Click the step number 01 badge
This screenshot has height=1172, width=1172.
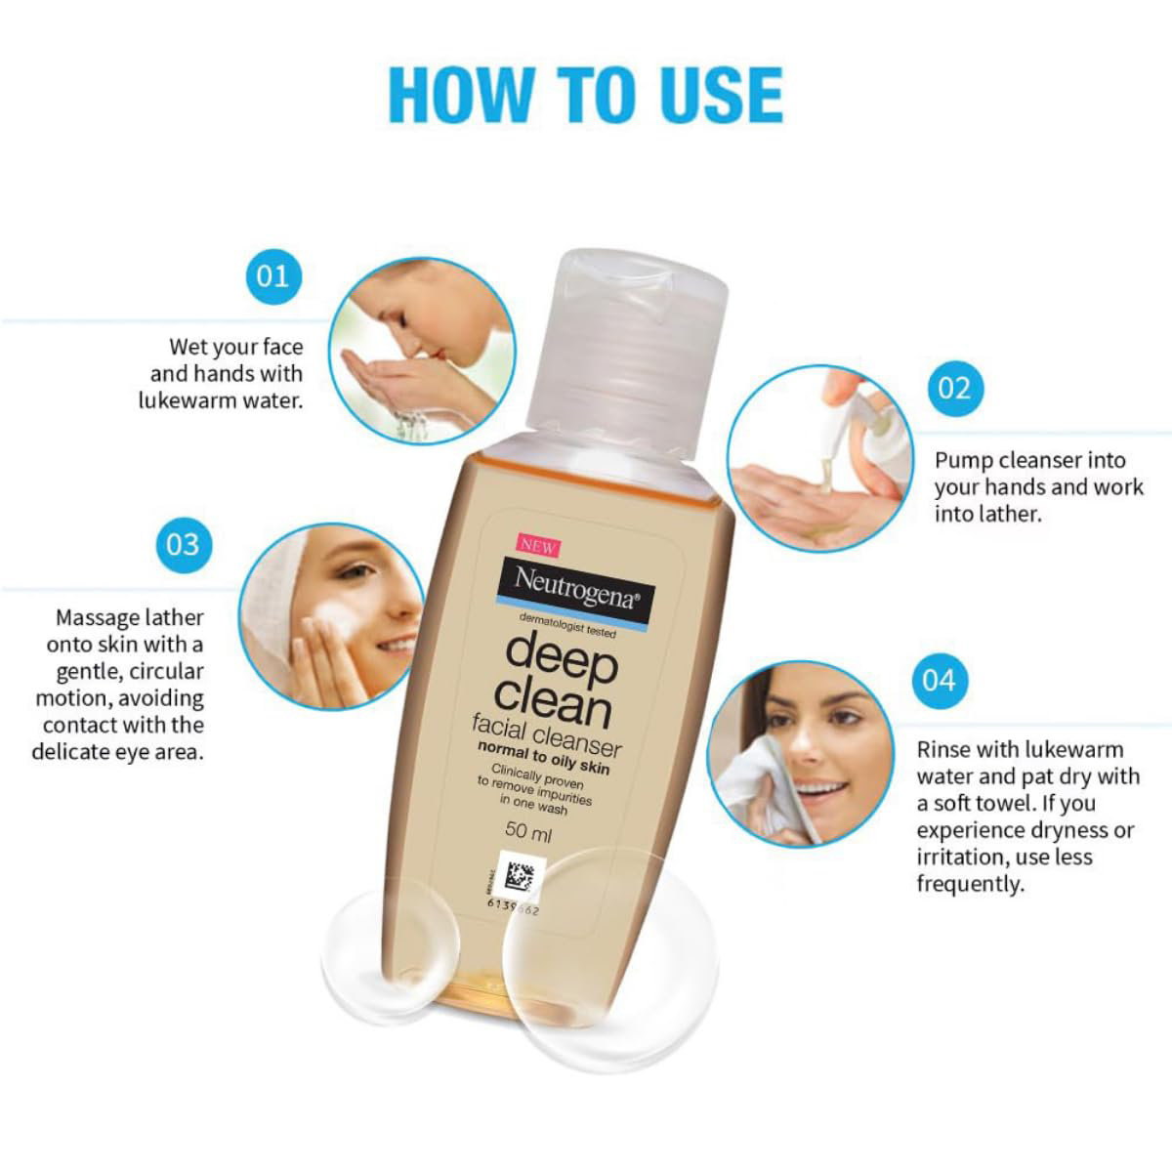pyautogui.click(x=272, y=275)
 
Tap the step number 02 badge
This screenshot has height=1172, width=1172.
pyautogui.click(x=954, y=388)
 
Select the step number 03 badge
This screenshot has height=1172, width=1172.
pyautogui.click(x=183, y=543)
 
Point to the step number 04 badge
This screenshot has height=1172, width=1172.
pyautogui.click(x=939, y=679)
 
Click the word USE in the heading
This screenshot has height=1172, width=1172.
pyautogui.click(x=696, y=95)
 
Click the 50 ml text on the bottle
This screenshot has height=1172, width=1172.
pyautogui.click(x=528, y=833)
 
